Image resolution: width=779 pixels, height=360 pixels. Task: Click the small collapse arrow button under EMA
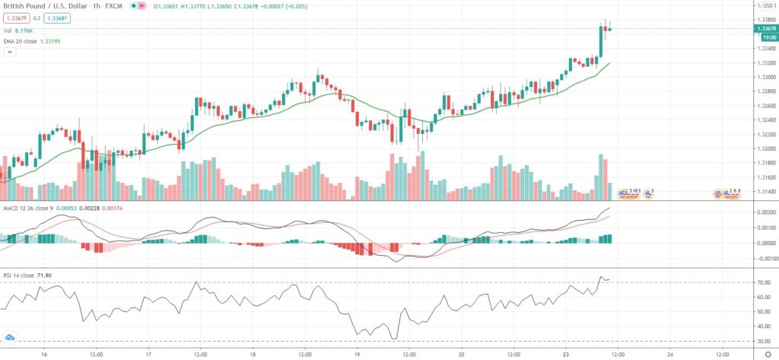coord(10,52)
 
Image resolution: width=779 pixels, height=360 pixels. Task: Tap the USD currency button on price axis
coord(764,7)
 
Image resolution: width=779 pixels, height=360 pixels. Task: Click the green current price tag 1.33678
coord(765,28)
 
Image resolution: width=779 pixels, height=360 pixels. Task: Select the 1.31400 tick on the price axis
coord(764,192)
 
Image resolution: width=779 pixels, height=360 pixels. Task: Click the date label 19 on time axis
coord(357,354)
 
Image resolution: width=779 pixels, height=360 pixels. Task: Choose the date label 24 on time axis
coord(670,354)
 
